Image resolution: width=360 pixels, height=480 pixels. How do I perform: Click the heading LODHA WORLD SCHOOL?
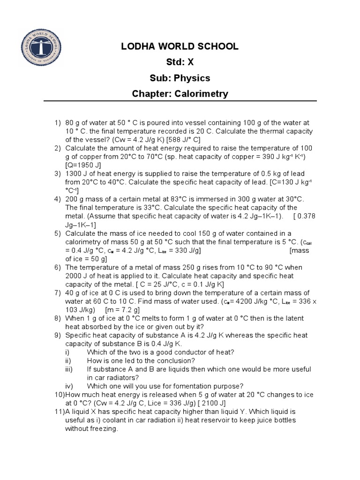coord(180,46)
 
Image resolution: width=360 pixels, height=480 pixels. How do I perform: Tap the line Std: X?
coord(180,62)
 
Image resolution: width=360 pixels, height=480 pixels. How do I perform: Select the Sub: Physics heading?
coord(180,78)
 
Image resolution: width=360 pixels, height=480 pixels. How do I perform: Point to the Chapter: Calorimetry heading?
coord(180,94)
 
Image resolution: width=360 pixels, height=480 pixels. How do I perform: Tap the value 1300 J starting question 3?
coord(77,174)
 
